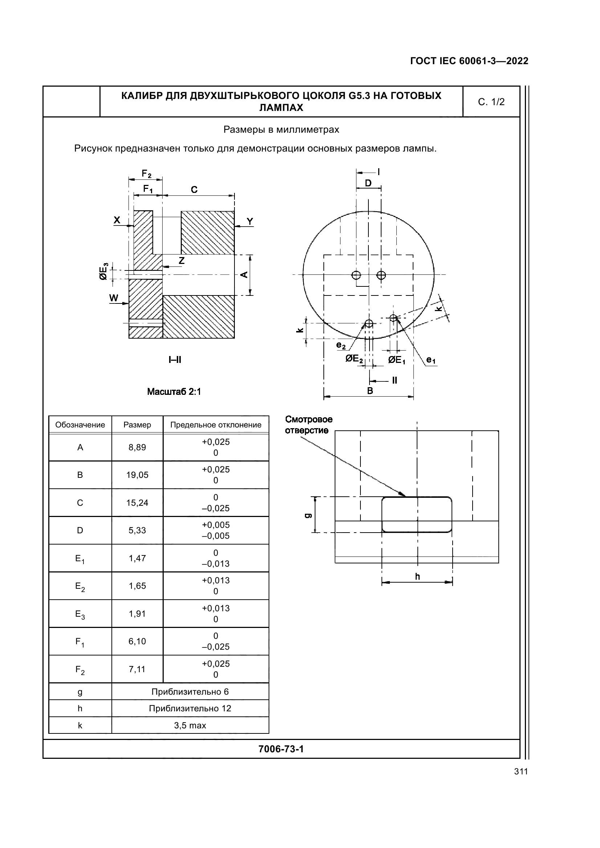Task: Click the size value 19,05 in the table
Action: point(137,475)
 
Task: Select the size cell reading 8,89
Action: point(137,447)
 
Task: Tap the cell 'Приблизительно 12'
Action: point(190,708)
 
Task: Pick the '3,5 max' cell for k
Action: point(190,725)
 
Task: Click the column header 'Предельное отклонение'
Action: point(216,425)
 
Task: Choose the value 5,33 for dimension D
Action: point(137,530)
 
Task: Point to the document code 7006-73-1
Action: point(281,749)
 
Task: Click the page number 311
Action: point(521,772)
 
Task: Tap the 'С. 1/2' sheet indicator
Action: point(491,102)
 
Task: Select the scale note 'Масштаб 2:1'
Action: point(174,392)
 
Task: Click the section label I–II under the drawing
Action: point(175,359)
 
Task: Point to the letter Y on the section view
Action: point(250,221)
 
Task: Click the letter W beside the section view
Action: point(114,298)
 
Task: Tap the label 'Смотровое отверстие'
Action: point(309,425)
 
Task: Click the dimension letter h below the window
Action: point(417,576)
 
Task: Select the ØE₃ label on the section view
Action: point(104,271)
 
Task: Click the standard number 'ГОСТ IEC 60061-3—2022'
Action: point(469,61)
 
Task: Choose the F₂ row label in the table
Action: point(80,670)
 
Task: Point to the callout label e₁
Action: point(431,359)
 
